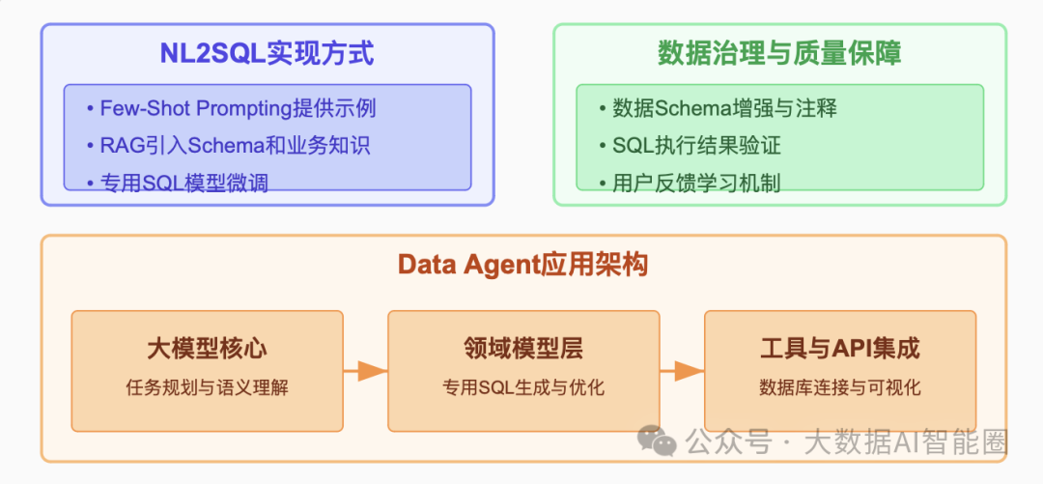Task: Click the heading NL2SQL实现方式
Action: (267, 53)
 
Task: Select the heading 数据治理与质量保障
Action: (779, 53)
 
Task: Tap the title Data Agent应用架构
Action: (522, 265)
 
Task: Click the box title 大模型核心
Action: (207, 348)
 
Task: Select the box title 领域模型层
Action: (522, 348)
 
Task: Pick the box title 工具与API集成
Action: (839, 348)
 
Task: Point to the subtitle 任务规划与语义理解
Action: (207, 388)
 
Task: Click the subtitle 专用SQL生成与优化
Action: (522, 388)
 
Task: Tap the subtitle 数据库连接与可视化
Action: (839, 388)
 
